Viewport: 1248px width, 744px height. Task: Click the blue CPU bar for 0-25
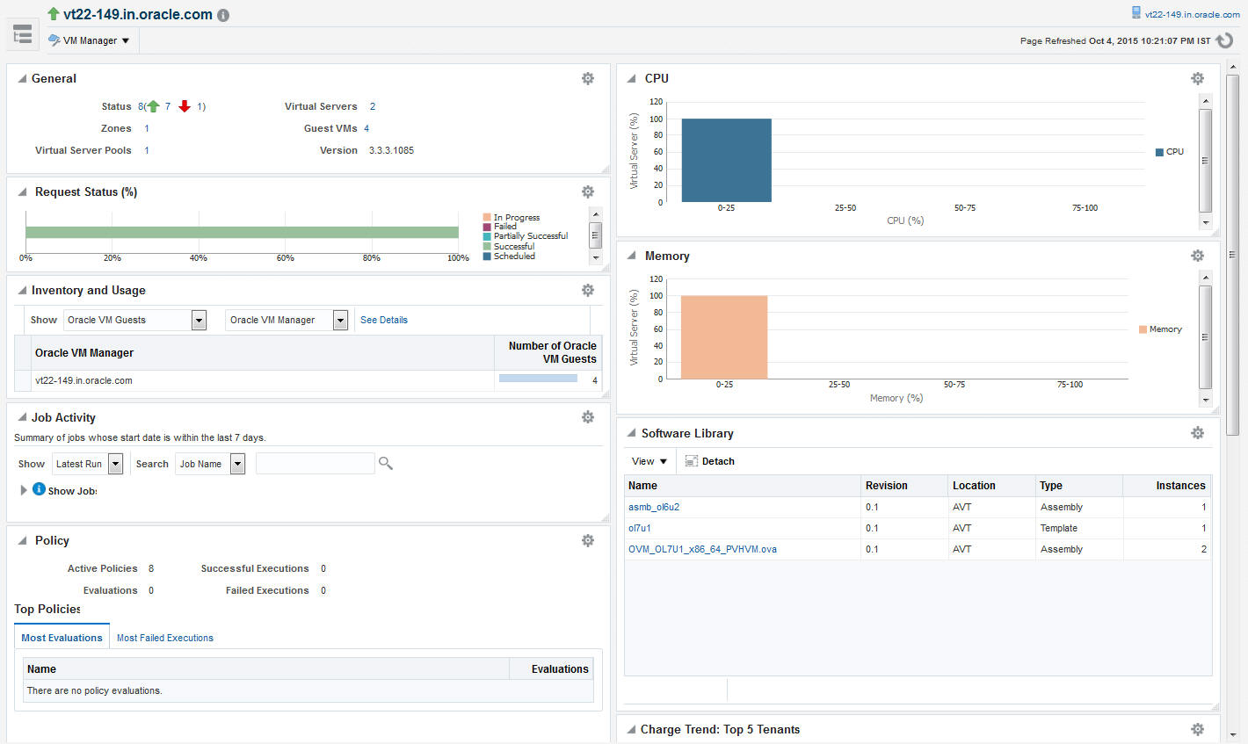(x=726, y=160)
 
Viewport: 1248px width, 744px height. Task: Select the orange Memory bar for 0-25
(x=723, y=336)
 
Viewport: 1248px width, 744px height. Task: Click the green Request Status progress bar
(x=242, y=232)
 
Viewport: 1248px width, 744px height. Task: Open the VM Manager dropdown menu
(x=89, y=40)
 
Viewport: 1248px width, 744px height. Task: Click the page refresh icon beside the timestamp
(x=1224, y=40)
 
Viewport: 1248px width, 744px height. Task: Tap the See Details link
(x=383, y=320)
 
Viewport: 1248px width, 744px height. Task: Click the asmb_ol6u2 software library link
(x=653, y=507)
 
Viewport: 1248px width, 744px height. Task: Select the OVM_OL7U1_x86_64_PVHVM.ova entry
(x=701, y=549)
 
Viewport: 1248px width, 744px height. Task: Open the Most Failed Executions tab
(x=164, y=638)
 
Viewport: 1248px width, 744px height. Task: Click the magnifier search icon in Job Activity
(x=385, y=463)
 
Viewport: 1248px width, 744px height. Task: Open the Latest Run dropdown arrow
(x=115, y=464)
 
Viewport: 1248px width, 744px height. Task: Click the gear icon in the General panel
(x=587, y=78)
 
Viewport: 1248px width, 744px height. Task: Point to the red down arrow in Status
(x=185, y=106)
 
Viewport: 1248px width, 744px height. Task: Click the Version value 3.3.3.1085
(x=391, y=150)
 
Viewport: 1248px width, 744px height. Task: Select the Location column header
(x=974, y=486)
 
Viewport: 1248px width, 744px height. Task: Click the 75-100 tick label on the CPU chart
(x=1085, y=208)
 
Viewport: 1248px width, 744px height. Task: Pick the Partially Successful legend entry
(x=530, y=236)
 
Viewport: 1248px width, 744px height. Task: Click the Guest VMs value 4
(x=366, y=128)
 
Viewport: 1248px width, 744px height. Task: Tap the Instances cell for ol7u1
(x=1203, y=528)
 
